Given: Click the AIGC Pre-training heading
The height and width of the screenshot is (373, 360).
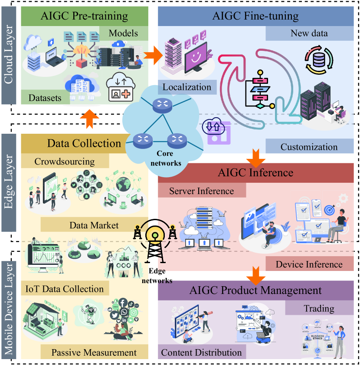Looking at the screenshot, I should click(85, 17).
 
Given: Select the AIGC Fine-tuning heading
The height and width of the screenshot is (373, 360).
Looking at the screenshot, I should click(255, 17).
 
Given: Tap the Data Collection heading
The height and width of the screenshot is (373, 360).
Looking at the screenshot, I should click(84, 143).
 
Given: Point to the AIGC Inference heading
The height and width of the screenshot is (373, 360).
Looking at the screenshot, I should click(255, 172).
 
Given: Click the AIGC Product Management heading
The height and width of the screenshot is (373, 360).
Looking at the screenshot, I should click(255, 290).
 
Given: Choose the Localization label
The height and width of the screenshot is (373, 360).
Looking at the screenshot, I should click(187, 87).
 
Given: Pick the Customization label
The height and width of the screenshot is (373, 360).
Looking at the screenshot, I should click(309, 147).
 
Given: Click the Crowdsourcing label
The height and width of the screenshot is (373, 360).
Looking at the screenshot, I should click(64, 162).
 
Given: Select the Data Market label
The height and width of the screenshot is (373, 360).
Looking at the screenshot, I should click(94, 225).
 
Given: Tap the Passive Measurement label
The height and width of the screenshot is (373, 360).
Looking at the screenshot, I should click(94, 352).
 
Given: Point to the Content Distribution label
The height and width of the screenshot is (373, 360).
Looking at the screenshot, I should click(201, 352).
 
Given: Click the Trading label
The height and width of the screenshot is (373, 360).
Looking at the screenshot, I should click(319, 309).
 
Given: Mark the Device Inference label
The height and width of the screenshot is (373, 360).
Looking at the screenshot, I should click(309, 264).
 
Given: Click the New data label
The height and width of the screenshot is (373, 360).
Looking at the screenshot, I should click(309, 33).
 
